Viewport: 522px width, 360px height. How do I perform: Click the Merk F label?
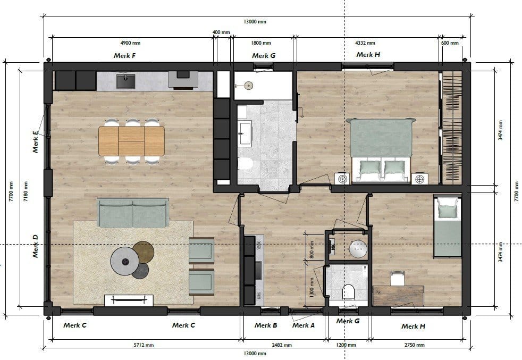(x=124, y=56)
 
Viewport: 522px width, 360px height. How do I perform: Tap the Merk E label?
(x=35, y=142)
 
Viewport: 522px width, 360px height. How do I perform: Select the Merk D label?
(x=35, y=246)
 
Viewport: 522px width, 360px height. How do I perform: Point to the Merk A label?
(x=304, y=325)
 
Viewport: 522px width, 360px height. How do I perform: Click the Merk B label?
(x=266, y=325)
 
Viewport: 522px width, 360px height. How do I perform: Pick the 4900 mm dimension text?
(x=130, y=43)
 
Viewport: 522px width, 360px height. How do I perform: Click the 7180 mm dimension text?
(x=26, y=192)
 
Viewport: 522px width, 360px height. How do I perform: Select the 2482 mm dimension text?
(x=282, y=345)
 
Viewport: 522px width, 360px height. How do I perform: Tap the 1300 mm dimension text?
(x=311, y=288)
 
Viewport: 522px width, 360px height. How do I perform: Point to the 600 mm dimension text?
(x=450, y=43)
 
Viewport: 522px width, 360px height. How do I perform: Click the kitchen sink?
(x=126, y=81)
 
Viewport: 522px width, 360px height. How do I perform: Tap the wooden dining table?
(x=131, y=141)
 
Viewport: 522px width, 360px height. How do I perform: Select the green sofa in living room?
(x=133, y=212)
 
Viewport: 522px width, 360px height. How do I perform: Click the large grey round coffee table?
(x=125, y=262)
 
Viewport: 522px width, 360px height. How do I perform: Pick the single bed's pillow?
(x=448, y=211)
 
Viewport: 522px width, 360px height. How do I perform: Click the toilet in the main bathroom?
(x=246, y=163)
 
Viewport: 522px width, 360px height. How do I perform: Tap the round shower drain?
(x=248, y=86)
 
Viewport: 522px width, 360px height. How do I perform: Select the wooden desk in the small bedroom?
(x=398, y=296)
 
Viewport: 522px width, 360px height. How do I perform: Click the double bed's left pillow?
(x=369, y=167)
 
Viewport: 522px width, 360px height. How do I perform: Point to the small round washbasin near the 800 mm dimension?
(x=358, y=249)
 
